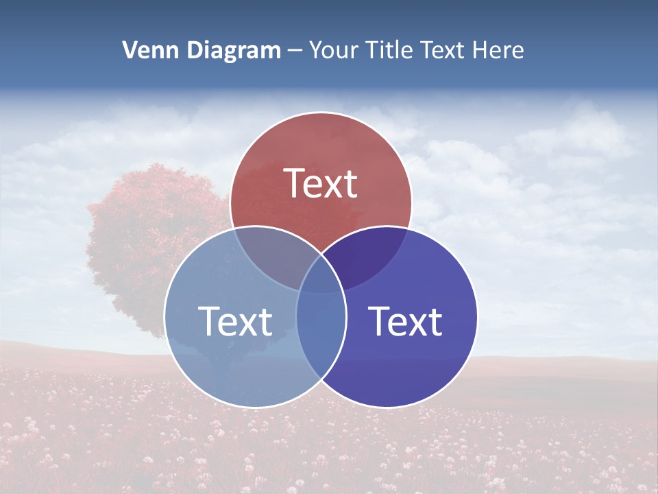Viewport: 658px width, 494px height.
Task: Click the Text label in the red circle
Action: pos(321,184)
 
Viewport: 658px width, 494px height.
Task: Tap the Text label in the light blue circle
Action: pos(235,322)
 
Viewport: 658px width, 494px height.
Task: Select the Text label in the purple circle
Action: pos(406,322)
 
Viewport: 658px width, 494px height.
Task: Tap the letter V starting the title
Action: pos(130,50)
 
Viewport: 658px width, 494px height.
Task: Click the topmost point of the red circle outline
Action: pos(321,112)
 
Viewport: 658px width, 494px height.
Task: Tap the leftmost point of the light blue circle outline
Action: pos(164,317)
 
